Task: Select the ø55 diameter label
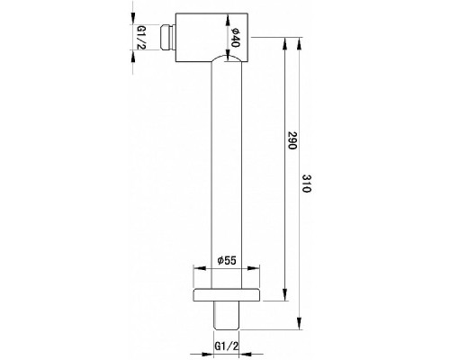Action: coord(225,261)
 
